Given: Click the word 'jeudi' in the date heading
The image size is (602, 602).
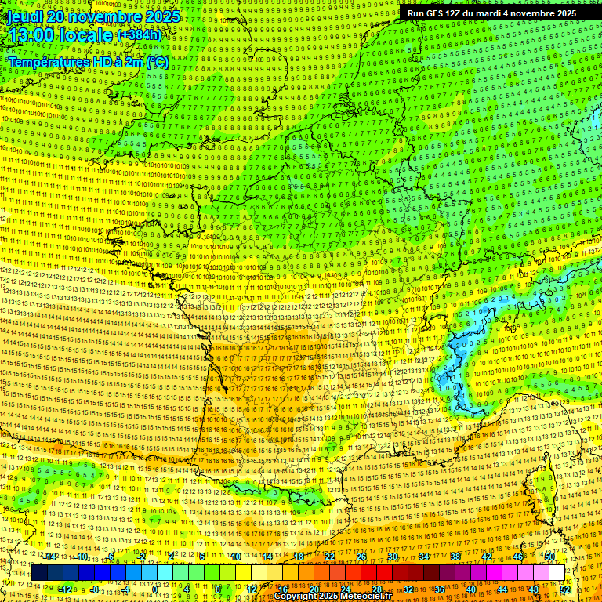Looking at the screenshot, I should click(27, 16).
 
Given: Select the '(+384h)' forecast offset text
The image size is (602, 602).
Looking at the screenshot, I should click(139, 35).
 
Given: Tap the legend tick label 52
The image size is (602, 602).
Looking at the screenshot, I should click(565, 589).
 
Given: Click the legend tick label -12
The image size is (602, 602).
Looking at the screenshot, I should click(66, 589).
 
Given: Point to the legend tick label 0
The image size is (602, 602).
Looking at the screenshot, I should click(156, 589).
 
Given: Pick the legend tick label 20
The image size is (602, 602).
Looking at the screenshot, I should click(314, 589).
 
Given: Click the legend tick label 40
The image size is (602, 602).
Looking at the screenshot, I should click(470, 589).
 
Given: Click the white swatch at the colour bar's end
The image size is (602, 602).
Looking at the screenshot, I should click(557, 573).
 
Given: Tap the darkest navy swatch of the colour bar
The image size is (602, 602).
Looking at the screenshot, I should click(39, 573).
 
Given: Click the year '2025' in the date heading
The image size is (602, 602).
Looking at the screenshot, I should click(161, 16).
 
